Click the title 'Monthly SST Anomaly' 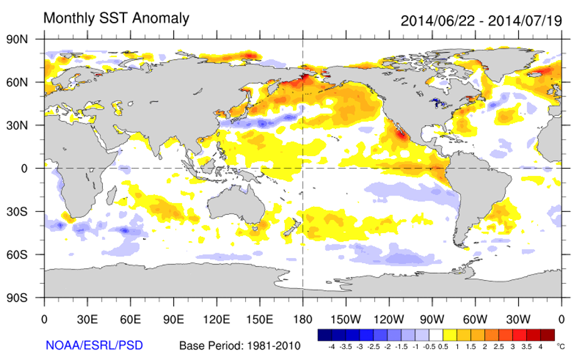(116, 18)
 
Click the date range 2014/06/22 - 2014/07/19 (481, 20)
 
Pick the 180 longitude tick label (303, 318)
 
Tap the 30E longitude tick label (87, 318)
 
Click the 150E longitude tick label (260, 318)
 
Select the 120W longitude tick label (389, 318)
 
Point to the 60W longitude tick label (475, 318)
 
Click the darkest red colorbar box (548, 335)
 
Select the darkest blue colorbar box (325, 335)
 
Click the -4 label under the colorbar (331, 346)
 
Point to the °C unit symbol (560, 345)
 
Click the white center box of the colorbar (437, 335)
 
